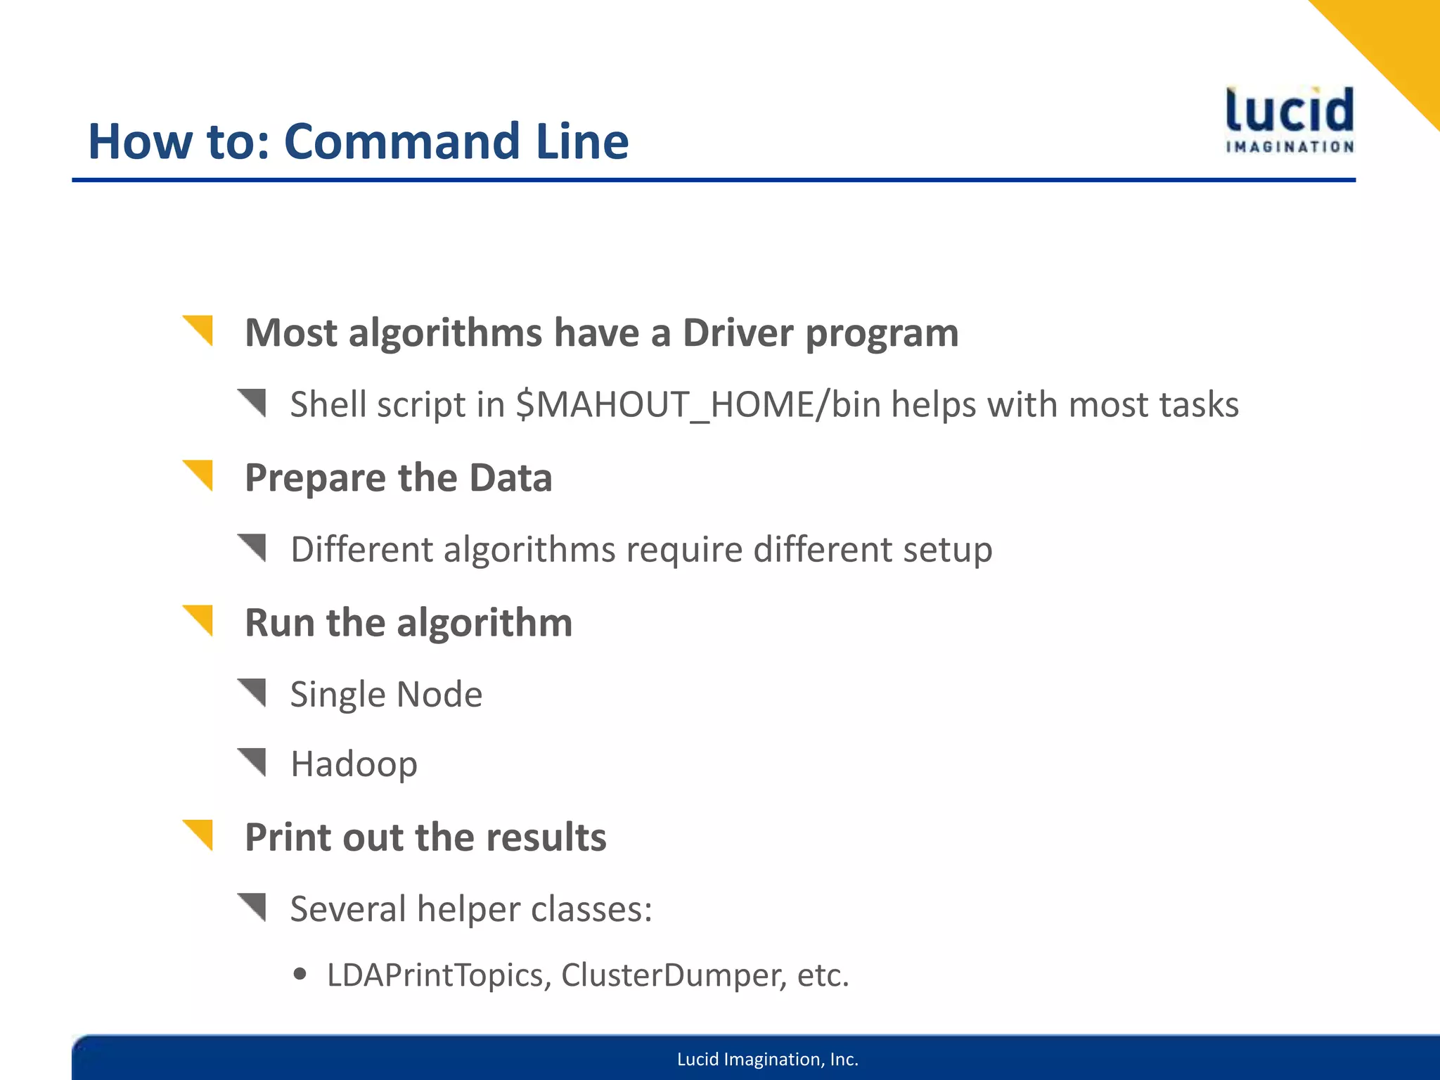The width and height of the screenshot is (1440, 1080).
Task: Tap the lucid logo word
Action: point(1290,110)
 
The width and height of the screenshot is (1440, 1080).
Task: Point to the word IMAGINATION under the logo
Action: point(1290,147)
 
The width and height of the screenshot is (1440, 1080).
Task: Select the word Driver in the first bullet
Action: point(738,333)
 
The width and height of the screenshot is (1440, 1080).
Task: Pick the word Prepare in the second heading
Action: point(316,479)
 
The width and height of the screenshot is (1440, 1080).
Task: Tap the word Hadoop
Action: point(354,764)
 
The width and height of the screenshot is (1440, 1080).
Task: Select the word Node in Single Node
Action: point(439,695)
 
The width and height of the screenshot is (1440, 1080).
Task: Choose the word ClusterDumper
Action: point(674,975)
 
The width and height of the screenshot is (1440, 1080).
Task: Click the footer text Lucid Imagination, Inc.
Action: point(768,1059)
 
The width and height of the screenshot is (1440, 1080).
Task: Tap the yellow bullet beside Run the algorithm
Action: point(199,619)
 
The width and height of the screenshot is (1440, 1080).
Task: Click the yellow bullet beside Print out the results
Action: point(199,835)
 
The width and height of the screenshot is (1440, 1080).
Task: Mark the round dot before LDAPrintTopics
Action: point(301,974)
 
